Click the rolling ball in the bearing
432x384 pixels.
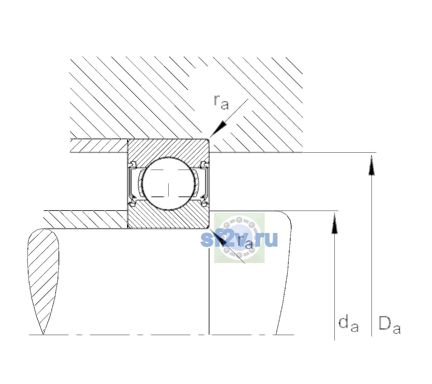168,184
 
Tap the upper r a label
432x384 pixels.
221,102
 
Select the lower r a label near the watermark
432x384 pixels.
245,242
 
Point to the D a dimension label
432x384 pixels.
389,325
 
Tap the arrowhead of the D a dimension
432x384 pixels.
372,165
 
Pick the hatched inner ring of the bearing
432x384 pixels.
168,218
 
